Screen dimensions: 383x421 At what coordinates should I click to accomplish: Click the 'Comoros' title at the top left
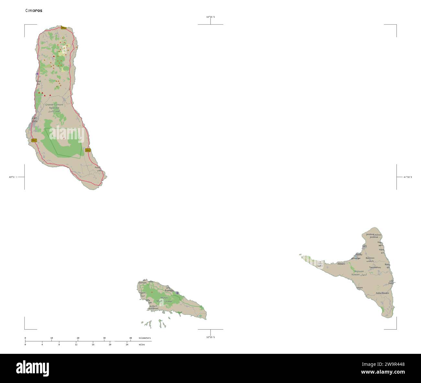34,10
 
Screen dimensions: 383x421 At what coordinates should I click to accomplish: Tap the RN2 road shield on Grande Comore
34,140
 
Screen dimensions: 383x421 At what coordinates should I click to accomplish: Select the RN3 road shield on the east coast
88,150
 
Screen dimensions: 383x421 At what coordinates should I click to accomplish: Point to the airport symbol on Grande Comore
37,74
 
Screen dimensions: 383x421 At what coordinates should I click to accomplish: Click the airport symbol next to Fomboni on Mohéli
177,293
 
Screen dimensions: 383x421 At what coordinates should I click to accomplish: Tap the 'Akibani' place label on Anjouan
341,264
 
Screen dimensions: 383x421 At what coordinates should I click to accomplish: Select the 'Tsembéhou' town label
375,267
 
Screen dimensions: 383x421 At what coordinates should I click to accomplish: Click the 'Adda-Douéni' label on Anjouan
382,293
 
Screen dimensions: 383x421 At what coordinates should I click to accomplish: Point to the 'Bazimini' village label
370,258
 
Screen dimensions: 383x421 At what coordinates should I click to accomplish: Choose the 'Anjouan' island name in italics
359,271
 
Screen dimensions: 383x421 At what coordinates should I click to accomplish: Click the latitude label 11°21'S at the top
210,17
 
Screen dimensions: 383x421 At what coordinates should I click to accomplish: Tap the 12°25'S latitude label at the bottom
210,337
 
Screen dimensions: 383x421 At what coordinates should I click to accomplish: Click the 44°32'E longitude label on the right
408,177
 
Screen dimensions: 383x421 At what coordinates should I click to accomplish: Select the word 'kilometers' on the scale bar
144,338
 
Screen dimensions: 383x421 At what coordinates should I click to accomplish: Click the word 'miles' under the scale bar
142,345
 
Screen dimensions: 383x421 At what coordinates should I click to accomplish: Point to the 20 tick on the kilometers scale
78,338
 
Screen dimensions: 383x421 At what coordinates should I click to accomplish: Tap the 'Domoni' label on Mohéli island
142,283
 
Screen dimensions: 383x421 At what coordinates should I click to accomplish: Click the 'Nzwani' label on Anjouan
355,274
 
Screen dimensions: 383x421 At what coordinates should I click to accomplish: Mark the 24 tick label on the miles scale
127,345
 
